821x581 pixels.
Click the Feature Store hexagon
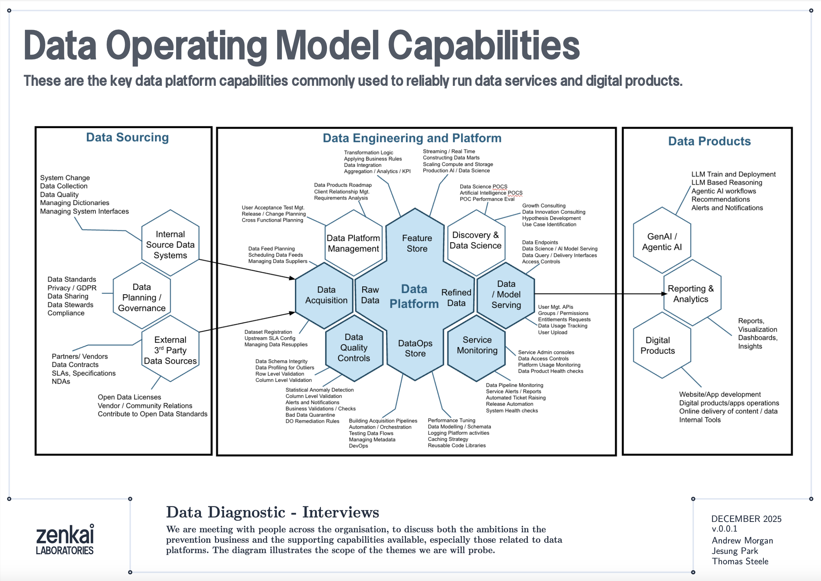416,243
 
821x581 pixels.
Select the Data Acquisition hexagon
326,295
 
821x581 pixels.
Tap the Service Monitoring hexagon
477,345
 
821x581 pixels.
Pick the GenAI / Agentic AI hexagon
662,241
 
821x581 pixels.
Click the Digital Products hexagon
657,345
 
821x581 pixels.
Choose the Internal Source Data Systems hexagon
170,244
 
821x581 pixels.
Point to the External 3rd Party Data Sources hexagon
170,350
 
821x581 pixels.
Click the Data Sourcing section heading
127,137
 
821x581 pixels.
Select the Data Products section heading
709,141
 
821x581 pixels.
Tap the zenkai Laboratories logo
65,539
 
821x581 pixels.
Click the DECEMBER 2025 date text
746,519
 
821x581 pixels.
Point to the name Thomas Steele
740,561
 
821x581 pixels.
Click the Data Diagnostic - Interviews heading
272,512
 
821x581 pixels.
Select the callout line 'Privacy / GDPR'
72,288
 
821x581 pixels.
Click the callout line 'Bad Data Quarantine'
310,415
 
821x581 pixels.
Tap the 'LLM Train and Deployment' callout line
733,174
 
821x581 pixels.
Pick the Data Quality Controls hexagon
353,348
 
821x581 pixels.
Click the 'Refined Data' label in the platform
456,298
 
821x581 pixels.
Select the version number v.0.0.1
724,529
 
